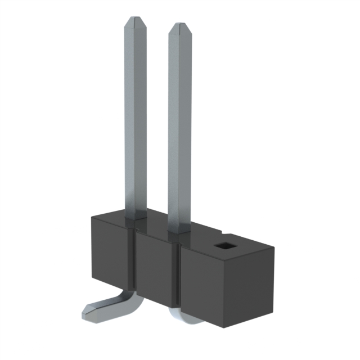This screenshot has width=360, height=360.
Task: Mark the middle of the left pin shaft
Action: pos(134,118)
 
